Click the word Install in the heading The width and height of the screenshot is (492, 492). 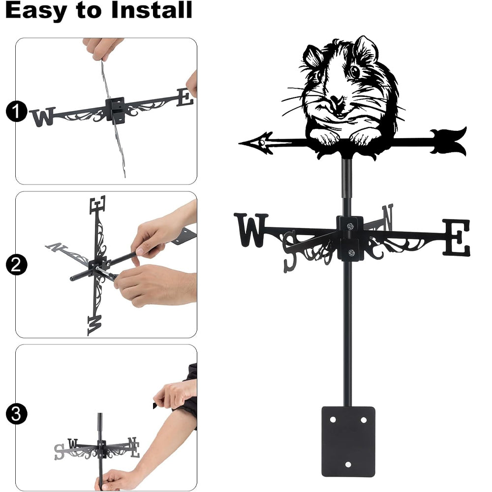151,10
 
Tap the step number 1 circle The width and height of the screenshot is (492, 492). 16,111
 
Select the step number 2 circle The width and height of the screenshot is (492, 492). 16,265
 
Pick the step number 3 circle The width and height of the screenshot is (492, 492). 16,414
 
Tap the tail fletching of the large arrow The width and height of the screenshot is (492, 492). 448,142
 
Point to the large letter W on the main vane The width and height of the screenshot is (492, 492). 251,230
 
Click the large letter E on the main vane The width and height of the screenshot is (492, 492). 457,238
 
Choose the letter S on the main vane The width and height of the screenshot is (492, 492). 290,251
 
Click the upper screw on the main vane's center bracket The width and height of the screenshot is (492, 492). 350,226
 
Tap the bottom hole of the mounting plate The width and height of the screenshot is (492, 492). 348,464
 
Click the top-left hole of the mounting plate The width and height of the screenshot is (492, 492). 333,420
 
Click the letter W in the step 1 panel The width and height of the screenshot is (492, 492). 43,117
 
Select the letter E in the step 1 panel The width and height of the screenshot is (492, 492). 184,97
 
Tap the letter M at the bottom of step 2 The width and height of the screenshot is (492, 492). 94,325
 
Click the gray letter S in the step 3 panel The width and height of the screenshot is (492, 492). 59,452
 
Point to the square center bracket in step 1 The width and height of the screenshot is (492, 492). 115,110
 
